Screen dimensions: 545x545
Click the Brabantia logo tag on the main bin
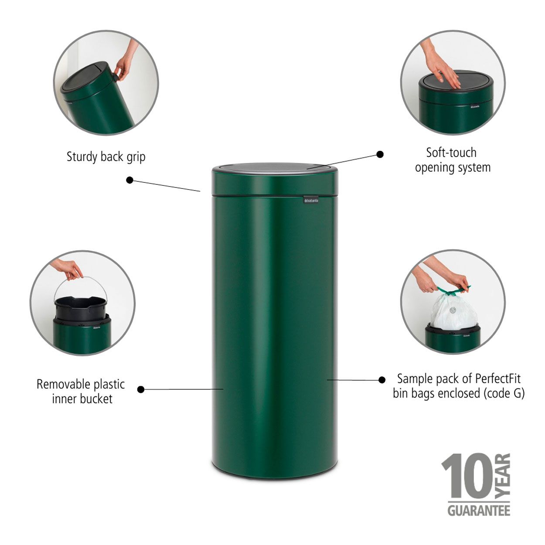pos(311,200)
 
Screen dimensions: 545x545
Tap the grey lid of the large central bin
pos(275,167)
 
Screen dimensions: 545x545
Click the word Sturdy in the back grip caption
pos(82,157)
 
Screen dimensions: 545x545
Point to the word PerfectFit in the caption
pos(498,378)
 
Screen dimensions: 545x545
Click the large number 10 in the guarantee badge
pos(467,476)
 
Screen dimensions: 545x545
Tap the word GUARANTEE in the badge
pos(479,511)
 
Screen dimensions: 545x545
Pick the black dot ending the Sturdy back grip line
pos(129,180)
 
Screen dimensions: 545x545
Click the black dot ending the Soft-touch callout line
pos(380,154)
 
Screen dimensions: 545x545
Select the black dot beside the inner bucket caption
pos(140,389)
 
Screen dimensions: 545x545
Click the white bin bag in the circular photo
pos(453,312)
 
